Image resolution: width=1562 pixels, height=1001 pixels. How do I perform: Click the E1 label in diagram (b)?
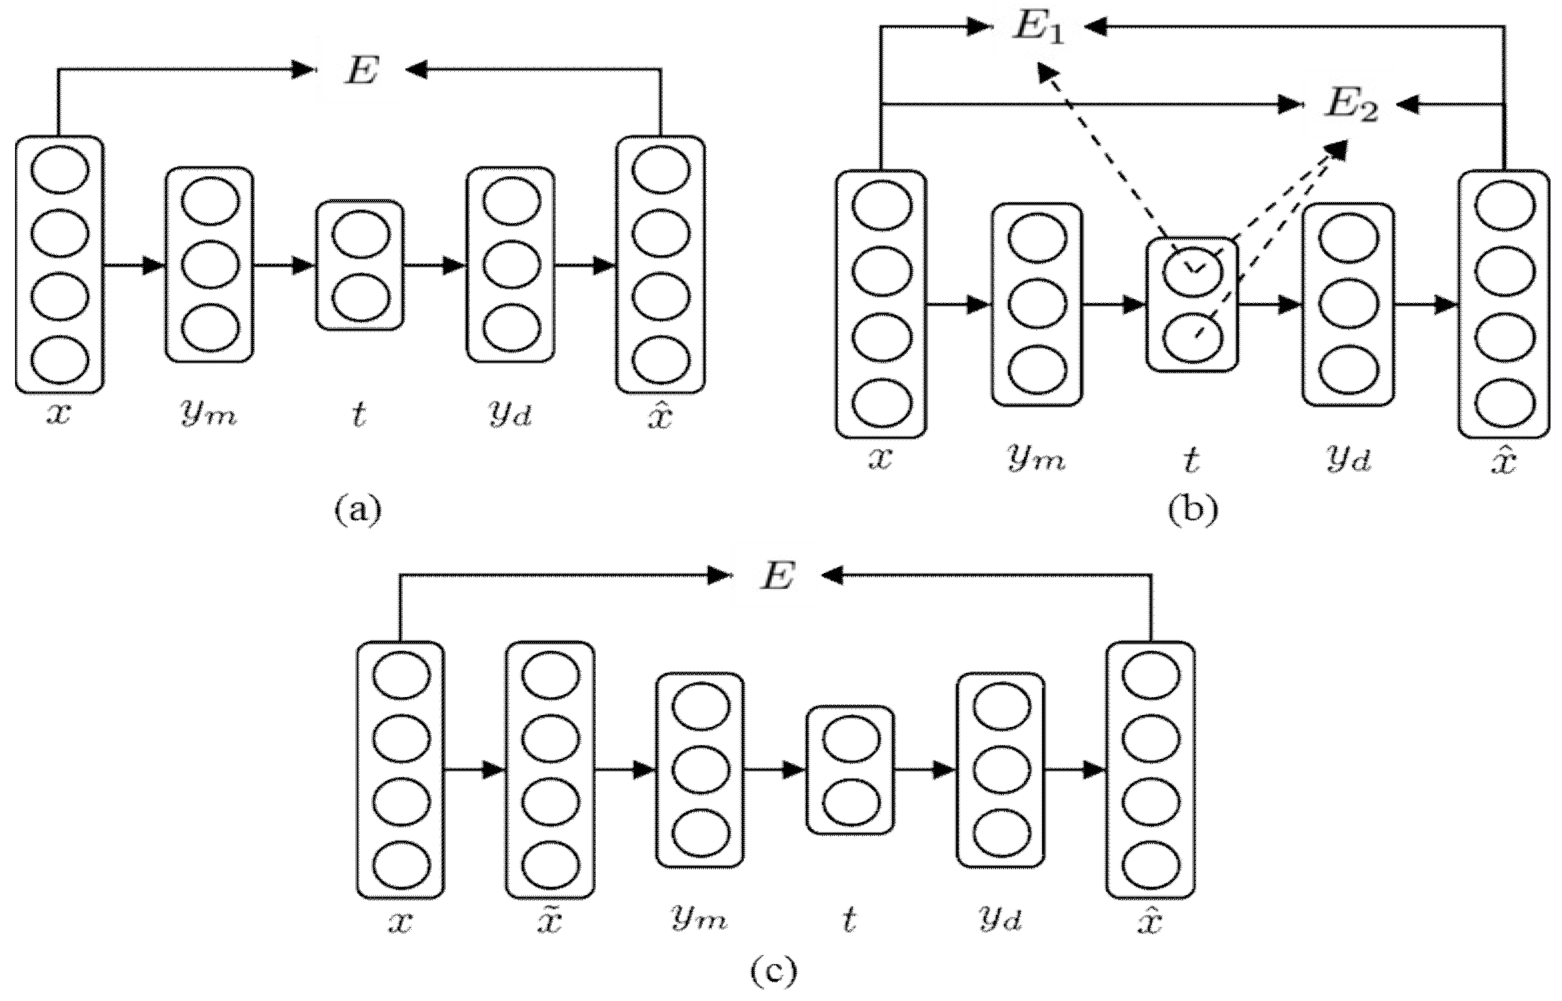tap(1039, 29)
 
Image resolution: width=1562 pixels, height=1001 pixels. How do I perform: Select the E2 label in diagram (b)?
tap(1351, 106)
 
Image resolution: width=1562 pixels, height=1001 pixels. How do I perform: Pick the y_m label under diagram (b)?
tap(1037, 460)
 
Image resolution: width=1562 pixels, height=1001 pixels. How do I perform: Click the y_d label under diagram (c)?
tap(1000, 919)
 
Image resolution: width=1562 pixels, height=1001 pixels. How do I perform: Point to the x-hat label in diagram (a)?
tap(661, 414)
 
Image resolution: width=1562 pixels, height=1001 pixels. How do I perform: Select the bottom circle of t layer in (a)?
tap(360, 297)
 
